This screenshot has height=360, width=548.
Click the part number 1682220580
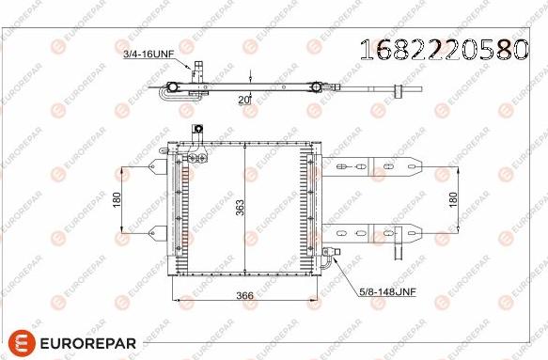(x=444, y=50)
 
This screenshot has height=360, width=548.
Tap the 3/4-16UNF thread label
(x=149, y=55)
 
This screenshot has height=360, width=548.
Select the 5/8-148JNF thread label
(x=388, y=291)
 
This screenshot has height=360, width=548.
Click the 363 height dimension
(x=240, y=208)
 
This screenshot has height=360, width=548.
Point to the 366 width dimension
(x=244, y=296)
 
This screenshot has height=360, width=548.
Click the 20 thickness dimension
(x=243, y=100)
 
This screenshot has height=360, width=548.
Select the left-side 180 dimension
(x=117, y=199)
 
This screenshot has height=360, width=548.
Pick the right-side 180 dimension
(x=453, y=199)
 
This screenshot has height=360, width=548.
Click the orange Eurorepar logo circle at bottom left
(x=22, y=342)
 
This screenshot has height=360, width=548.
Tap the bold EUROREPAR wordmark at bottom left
(x=88, y=343)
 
